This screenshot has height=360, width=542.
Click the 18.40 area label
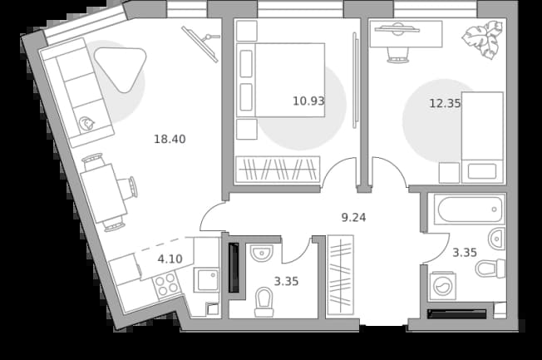(170, 139)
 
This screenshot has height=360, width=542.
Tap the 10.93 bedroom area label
(308, 101)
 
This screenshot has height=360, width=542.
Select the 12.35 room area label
(445, 103)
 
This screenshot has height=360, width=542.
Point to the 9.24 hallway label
(353, 218)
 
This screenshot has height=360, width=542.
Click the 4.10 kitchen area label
(170, 259)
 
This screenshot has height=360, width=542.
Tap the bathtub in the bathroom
(467, 210)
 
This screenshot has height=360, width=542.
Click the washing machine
(443, 286)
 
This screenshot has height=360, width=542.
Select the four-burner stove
(165, 284)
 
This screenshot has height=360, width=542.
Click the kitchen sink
(206, 280)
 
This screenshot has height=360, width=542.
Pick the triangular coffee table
(121, 67)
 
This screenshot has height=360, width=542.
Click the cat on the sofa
(86, 123)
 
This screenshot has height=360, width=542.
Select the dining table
(104, 193)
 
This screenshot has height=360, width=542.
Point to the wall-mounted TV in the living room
(200, 44)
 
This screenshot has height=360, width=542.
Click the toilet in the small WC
(264, 303)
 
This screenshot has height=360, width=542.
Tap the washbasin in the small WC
(262, 254)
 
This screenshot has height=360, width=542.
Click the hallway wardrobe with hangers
(341, 275)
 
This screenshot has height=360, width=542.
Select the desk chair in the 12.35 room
(397, 56)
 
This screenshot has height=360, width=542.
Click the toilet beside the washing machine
(490, 269)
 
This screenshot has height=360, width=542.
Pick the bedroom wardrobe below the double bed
(278, 170)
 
